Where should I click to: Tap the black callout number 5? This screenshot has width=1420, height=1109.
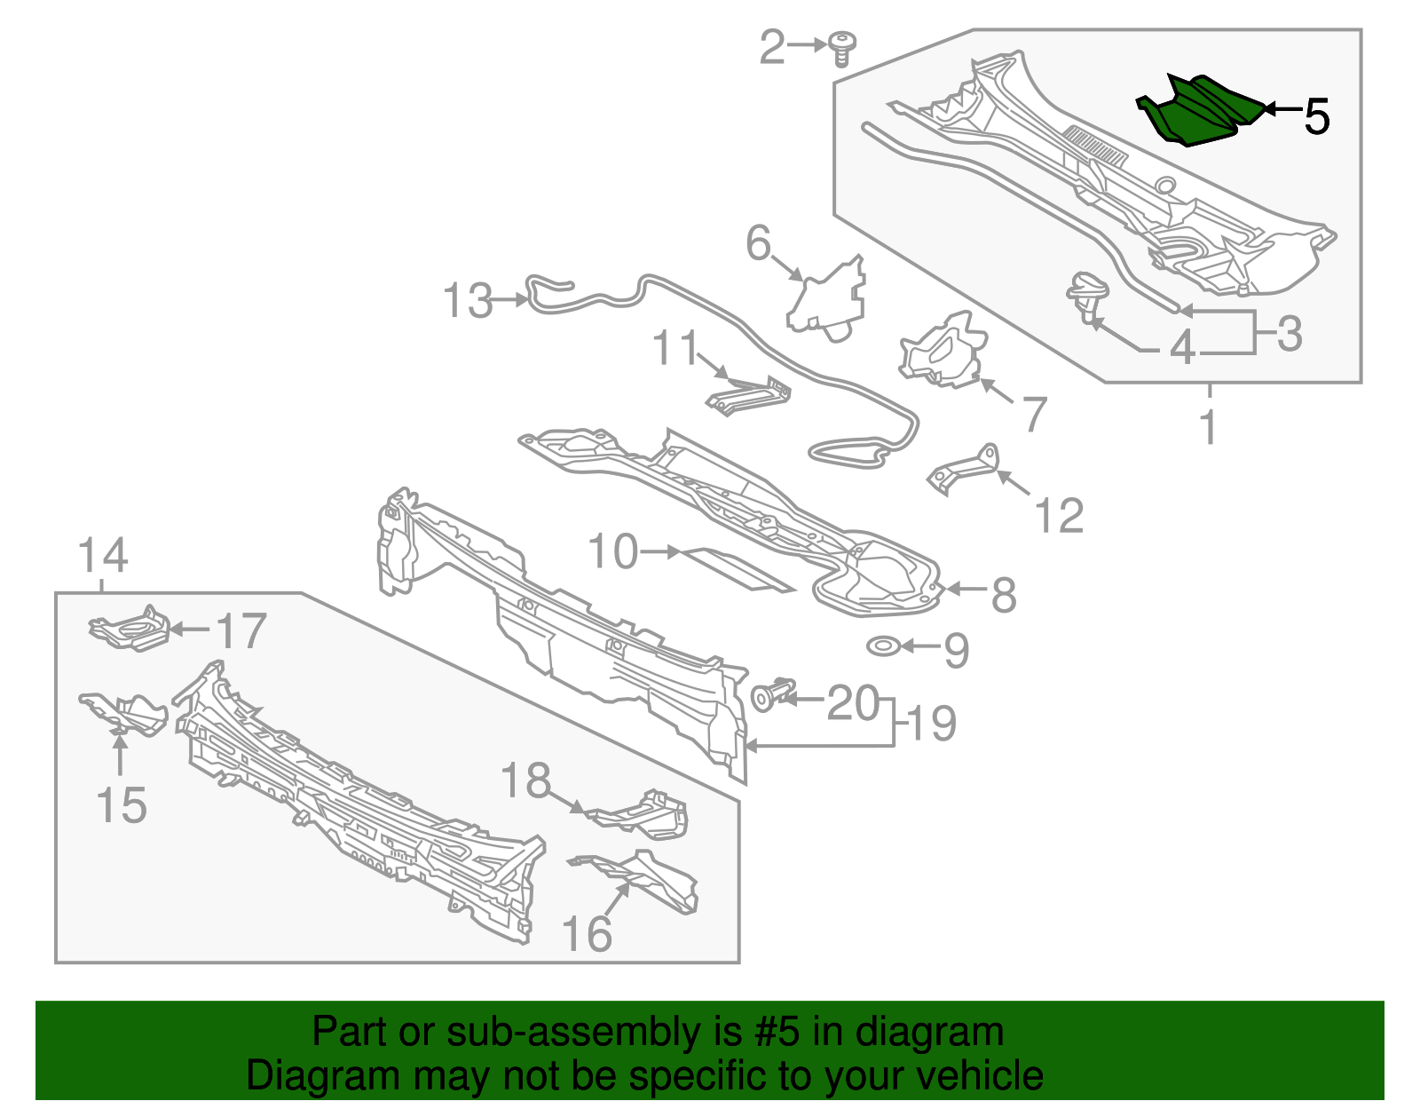click(1317, 116)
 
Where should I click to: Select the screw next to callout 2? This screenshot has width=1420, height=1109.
click(840, 49)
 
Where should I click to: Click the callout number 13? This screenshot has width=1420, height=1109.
click(468, 301)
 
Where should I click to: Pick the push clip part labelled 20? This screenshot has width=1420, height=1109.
click(772, 694)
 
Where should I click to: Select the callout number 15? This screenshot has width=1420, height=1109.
click(121, 805)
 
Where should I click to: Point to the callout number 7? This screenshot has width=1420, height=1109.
click(1035, 414)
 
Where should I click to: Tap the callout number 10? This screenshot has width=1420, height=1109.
click(613, 551)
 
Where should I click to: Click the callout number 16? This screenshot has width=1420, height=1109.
click(587, 934)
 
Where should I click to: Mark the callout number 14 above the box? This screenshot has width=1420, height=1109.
click(103, 557)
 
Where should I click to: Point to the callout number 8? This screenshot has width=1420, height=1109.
click(1004, 594)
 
